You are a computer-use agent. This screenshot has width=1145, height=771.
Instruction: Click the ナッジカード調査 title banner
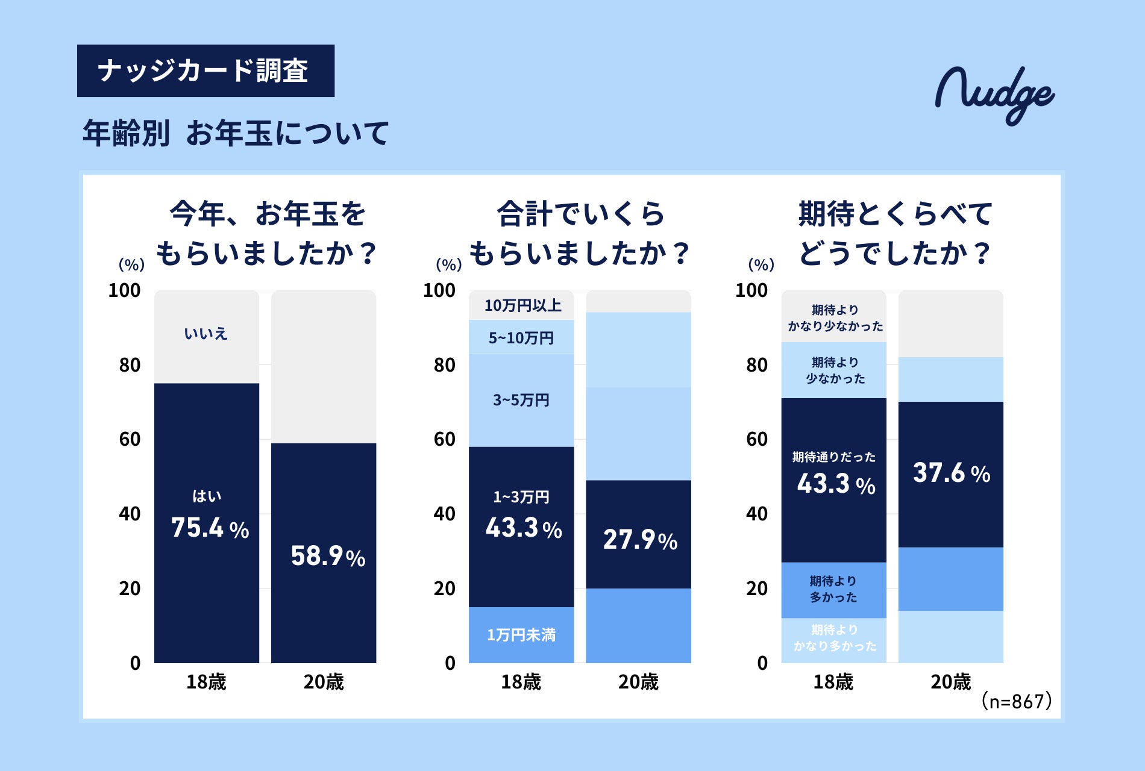click(205, 70)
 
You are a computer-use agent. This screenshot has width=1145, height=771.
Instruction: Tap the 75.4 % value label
click(210, 528)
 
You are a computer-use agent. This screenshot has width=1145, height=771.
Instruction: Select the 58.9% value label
click(328, 556)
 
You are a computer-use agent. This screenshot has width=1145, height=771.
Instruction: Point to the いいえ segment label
click(205, 333)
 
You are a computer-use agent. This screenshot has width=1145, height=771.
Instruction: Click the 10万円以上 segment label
click(522, 305)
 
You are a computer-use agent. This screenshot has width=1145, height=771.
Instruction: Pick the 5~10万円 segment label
click(521, 338)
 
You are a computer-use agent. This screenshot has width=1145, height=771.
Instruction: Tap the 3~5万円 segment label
click(521, 400)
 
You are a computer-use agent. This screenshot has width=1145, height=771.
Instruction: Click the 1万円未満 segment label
click(521, 635)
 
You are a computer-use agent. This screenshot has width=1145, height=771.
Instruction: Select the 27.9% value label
click(640, 540)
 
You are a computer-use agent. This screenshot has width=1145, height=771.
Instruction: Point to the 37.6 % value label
click(951, 473)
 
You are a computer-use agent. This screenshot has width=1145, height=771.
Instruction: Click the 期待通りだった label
click(833, 457)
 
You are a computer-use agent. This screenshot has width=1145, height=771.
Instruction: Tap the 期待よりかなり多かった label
click(834, 638)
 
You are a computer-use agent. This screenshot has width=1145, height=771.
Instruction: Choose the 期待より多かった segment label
click(833, 589)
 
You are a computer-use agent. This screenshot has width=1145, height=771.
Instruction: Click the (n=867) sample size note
click(1016, 701)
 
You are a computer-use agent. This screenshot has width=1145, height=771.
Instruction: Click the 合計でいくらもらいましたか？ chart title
click(580, 233)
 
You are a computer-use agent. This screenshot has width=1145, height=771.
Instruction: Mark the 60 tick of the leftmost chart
click(130, 439)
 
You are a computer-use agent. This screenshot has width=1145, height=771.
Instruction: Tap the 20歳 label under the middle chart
click(638, 682)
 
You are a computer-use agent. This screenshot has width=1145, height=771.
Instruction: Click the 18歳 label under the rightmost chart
click(833, 682)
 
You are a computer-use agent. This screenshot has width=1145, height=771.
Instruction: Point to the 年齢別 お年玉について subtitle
click(236, 133)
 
